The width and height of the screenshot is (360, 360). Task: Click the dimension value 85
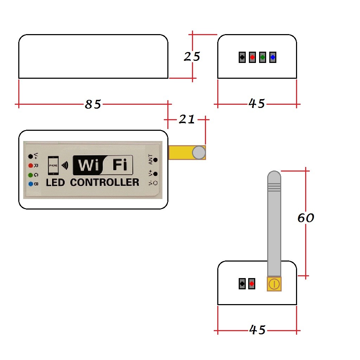pos(93,104)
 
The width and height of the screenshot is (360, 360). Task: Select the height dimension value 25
pos(192,56)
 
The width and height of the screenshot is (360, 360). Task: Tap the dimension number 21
pos(187,120)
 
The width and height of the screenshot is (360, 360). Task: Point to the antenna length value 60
pos(306,218)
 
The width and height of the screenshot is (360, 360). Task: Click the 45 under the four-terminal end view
pos(257,103)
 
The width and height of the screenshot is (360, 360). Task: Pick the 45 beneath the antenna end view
pos(257,330)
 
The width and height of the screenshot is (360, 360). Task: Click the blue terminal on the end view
pos(272,57)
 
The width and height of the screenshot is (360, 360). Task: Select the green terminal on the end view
pos(262,57)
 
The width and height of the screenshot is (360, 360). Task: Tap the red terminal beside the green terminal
pos(252,57)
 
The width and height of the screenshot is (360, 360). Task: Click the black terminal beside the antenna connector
pos(242,283)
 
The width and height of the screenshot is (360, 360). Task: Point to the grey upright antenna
pos(274,225)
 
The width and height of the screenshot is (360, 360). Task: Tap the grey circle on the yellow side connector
pos(199,153)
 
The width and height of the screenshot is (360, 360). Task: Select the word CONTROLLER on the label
pos(105,182)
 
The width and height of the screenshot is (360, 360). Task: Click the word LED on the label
pos(56,182)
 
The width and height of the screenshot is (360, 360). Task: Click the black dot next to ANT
pos(155,160)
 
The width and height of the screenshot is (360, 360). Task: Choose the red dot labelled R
pos(31,165)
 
